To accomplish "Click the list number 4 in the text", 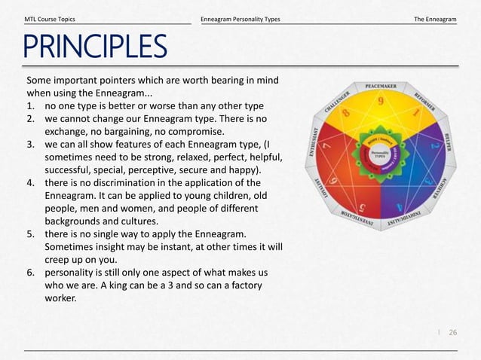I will [30, 182].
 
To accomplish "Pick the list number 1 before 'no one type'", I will [30, 105].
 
